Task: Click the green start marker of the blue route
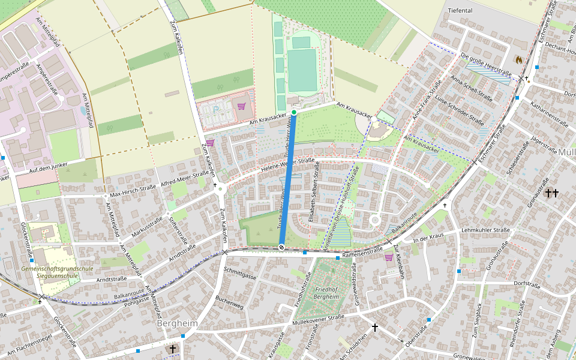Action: [294, 113]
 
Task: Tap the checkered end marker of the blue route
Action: [281, 247]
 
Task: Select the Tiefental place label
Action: [460, 11]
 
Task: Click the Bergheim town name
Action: [177, 323]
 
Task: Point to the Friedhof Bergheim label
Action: [327, 293]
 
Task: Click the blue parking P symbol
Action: [216, 110]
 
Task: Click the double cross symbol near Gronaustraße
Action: [551, 193]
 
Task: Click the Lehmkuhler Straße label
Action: [486, 230]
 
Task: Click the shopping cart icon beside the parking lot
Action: [241, 106]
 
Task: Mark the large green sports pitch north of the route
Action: [302, 70]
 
